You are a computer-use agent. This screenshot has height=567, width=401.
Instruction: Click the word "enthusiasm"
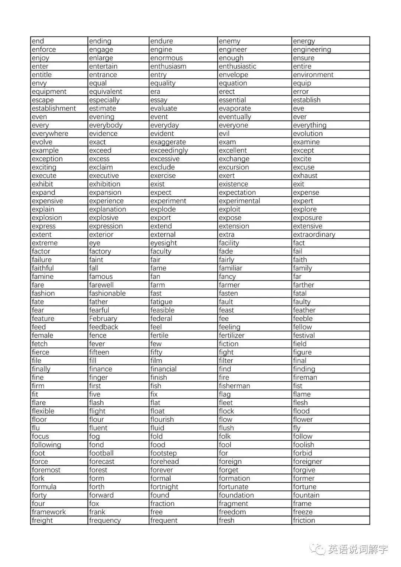pos(168,67)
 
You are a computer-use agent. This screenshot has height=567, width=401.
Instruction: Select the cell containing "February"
pos(103,319)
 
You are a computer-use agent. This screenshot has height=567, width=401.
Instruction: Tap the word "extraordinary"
pos(314,234)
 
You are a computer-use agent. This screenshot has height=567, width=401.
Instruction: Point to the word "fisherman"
pos(234,386)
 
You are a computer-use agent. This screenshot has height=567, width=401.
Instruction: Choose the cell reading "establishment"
pos(54,108)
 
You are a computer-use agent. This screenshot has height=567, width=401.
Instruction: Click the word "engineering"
pos(312,50)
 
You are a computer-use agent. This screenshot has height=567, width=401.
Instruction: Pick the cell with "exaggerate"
pos(168,142)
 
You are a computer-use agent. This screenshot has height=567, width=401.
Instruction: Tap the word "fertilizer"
pos(232,336)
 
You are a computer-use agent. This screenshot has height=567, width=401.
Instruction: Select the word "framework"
pos(49,512)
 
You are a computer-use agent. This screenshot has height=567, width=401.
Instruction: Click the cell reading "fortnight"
pos(164,487)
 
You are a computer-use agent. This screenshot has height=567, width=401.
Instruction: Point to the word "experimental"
pos(239,201)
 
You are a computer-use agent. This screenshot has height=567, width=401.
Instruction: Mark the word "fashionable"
pos(107,294)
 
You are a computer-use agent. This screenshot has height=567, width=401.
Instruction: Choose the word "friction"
pos(304,521)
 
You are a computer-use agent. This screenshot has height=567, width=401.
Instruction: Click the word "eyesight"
pos(163,243)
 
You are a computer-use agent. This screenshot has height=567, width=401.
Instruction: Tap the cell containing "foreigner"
pos(307,461)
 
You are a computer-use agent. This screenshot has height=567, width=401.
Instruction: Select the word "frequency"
pos(105,521)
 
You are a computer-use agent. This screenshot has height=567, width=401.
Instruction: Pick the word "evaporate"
pos(235,108)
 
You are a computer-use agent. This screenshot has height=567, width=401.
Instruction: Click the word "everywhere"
pos(50,134)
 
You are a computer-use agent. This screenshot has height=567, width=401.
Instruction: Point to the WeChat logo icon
pos(318,549)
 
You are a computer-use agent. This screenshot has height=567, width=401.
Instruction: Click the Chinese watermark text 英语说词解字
pos(358,549)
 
